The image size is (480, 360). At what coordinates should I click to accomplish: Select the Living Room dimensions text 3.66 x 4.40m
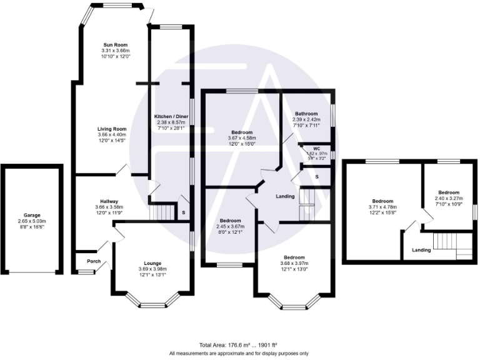click(x=111, y=134)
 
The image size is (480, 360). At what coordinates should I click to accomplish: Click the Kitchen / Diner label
click(x=172, y=117)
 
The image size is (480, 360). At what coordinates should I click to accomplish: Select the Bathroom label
click(x=307, y=114)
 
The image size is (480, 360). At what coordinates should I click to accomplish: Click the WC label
click(x=307, y=149)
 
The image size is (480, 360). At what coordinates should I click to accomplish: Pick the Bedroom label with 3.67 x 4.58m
click(x=242, y=132)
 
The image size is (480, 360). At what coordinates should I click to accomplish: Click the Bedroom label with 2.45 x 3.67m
click(x=230, y=220)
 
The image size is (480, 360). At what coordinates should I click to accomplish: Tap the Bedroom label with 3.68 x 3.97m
click(x=294, y=257)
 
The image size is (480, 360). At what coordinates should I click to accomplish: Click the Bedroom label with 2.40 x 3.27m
click(x=448, y=192)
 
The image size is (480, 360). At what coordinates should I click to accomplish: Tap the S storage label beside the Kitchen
click(x=183, y=212)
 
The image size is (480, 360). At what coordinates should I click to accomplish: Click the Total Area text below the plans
click(x=239, y=345)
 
